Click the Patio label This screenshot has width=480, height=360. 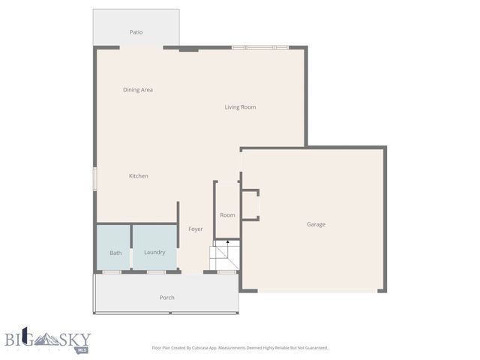136,32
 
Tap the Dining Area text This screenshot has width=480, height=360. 138,90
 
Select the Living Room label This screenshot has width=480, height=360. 240,107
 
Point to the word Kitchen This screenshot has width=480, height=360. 139,176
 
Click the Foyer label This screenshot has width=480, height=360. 196,229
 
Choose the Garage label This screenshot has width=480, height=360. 316,224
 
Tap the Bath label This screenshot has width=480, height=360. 115,253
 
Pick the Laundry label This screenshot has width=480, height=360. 154,252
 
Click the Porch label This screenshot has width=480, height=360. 167,298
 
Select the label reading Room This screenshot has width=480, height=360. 227,215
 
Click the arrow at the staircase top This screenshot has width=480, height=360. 227,242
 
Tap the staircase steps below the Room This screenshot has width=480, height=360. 224,258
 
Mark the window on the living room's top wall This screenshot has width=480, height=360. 259,48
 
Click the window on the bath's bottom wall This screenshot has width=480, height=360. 112,271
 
